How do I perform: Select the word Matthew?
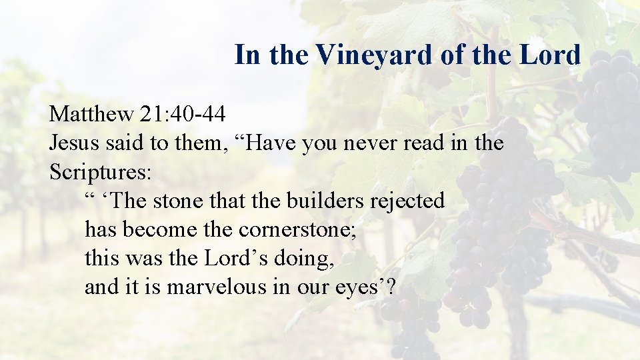pyautogui.click(x=91, y=114)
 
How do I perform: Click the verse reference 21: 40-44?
pyautogui.click(x=183, y=114)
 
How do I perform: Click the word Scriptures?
pyautogui.click(x=101, y=172)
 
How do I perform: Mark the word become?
pyautogui.click(x=157, y=229)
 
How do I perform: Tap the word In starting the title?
pyautogui.click(x=247, y=55)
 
